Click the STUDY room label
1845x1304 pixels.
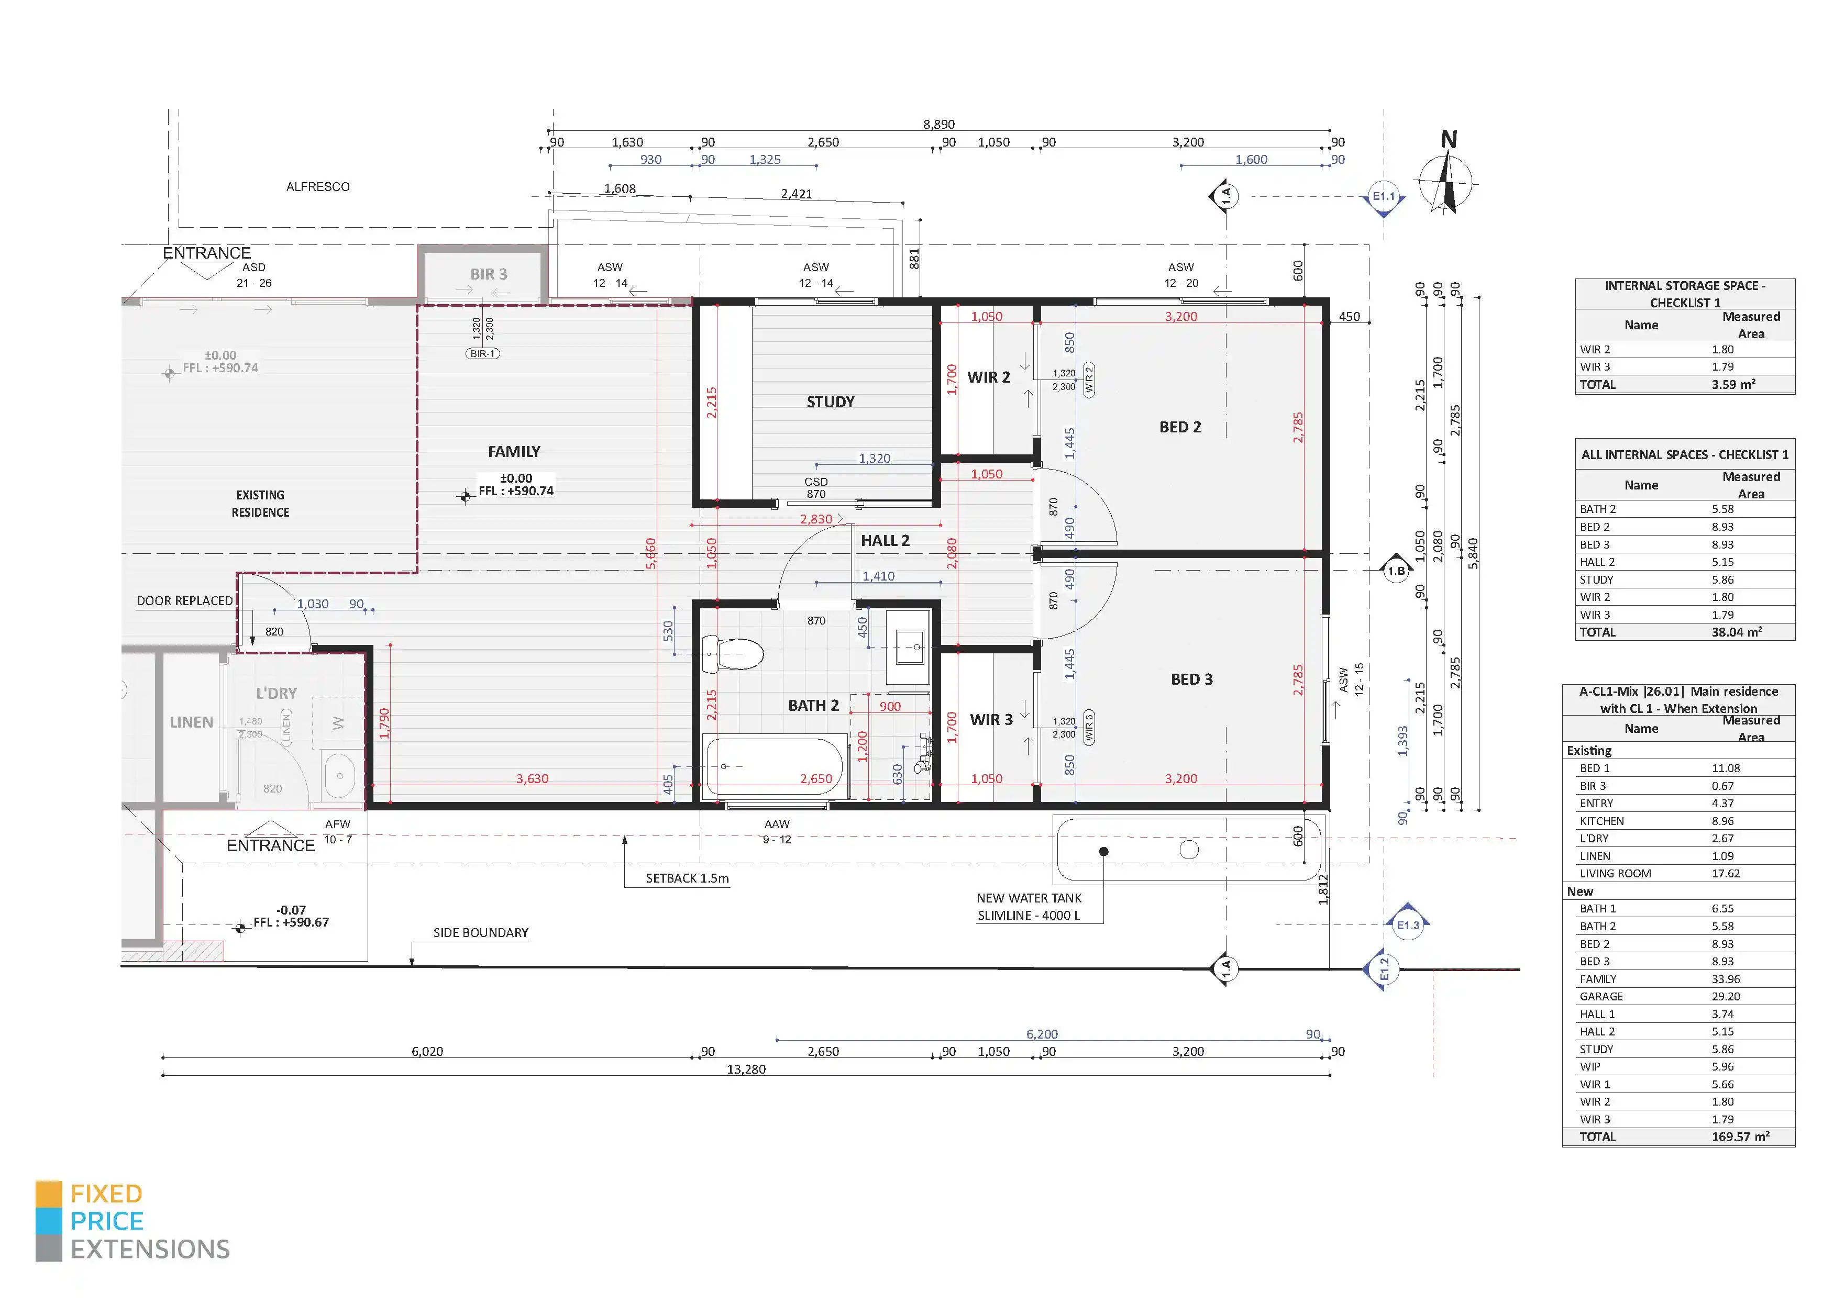830,402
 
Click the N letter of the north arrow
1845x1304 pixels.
1449,140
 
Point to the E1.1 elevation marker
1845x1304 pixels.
1384,197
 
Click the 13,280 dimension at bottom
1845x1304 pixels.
746,1069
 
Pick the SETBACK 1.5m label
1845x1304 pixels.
687,878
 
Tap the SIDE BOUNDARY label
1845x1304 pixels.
481,933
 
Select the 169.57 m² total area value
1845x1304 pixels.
1741,1137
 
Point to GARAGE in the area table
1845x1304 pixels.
1601,996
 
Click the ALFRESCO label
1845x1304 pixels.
318,186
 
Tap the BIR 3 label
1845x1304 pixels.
489,274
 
